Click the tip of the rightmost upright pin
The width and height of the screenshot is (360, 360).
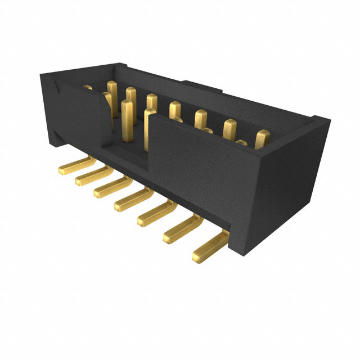(x=263, y=135)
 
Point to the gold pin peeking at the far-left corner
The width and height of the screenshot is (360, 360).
(x=87, y=88)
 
